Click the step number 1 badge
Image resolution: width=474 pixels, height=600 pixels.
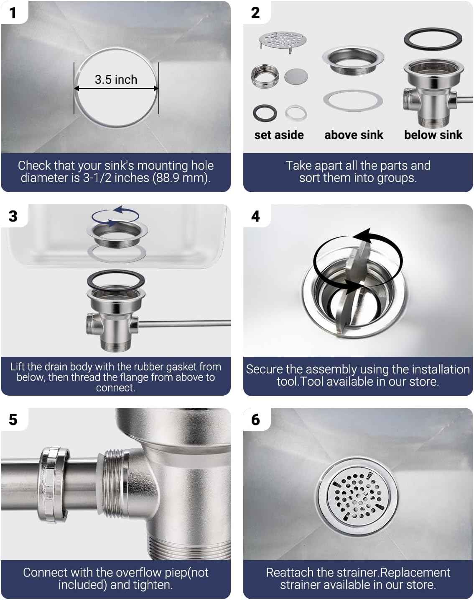pos(13,13)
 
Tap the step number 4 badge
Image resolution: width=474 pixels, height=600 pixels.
pos(255,216)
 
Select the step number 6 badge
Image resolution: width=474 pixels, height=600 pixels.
pos(255,420)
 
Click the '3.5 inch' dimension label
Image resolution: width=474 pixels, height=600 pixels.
pos(116,80)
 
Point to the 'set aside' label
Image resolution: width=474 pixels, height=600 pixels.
pos(279,135)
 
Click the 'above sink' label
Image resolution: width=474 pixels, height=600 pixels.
pos(354,135)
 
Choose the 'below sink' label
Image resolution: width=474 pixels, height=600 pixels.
pos(433,135)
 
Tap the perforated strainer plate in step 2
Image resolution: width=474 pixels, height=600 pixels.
pos(283,41)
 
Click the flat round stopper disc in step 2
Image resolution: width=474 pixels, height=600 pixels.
pos(296,76)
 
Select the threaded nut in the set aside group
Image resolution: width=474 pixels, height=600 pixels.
pos(265,76)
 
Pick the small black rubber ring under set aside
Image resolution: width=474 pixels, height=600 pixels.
pos(265,113)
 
